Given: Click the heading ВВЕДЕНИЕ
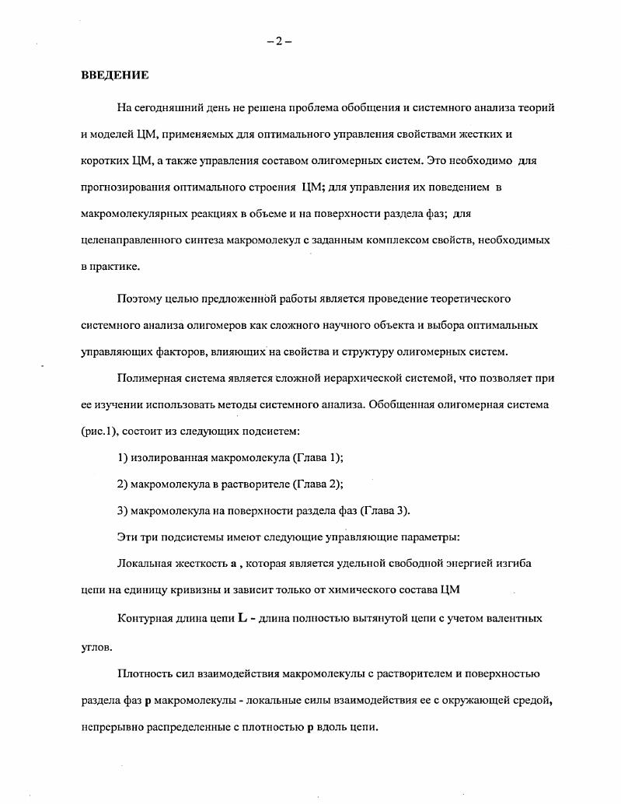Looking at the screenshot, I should click(x=115, y=75).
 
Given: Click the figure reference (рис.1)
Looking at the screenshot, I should click(x=99, y=430).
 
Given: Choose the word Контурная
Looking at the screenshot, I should click(x=144, y=618).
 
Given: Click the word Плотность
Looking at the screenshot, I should click(x=145, y=673).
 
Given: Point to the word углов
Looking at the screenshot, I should click(x=96, y=645).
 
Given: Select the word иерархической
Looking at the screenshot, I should click(x=374, y=378).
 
